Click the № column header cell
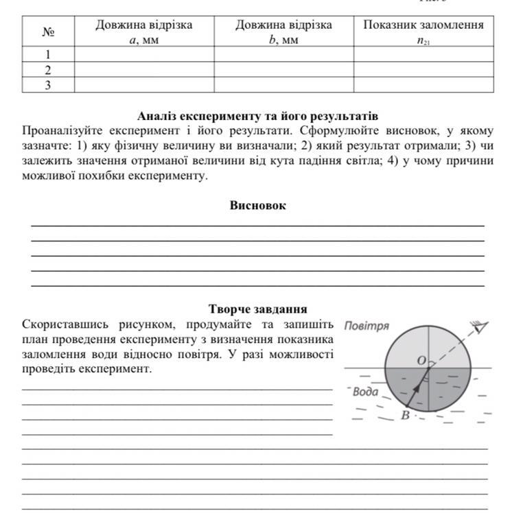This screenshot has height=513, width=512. point(48,32)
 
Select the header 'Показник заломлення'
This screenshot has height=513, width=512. point(423,25)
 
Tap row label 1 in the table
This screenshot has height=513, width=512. point(48,54)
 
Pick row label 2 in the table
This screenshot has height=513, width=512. point(48,69)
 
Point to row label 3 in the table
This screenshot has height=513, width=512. point(48,84)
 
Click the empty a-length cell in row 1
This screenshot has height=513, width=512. point(144,54)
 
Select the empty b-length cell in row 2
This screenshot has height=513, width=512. point(283,69)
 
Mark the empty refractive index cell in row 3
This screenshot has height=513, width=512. point(423,84)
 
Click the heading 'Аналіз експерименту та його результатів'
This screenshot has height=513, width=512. point(257,116)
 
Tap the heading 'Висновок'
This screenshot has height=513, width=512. point(257,205)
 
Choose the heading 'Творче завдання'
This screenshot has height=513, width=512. point(257,309)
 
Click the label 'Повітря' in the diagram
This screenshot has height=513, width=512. point(366,326)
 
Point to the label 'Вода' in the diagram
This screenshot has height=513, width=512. point(365,392)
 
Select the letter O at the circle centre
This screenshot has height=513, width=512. point(421,360)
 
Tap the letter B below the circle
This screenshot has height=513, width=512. point(405,416)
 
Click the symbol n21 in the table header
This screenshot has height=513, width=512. point(423,40)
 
